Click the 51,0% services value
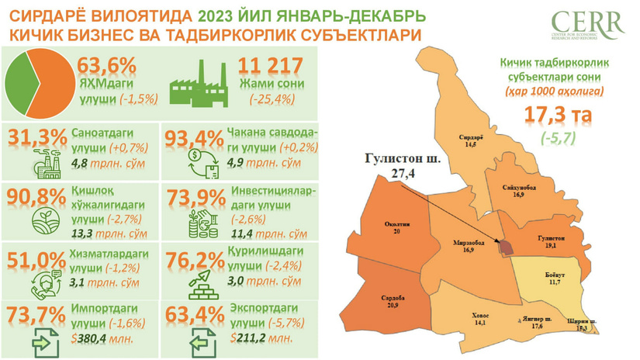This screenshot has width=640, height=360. [36, 258]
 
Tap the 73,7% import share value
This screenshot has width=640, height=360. [36, 317]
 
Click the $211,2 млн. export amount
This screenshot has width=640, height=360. [261, 338]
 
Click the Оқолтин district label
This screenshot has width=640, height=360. [397, 227]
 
